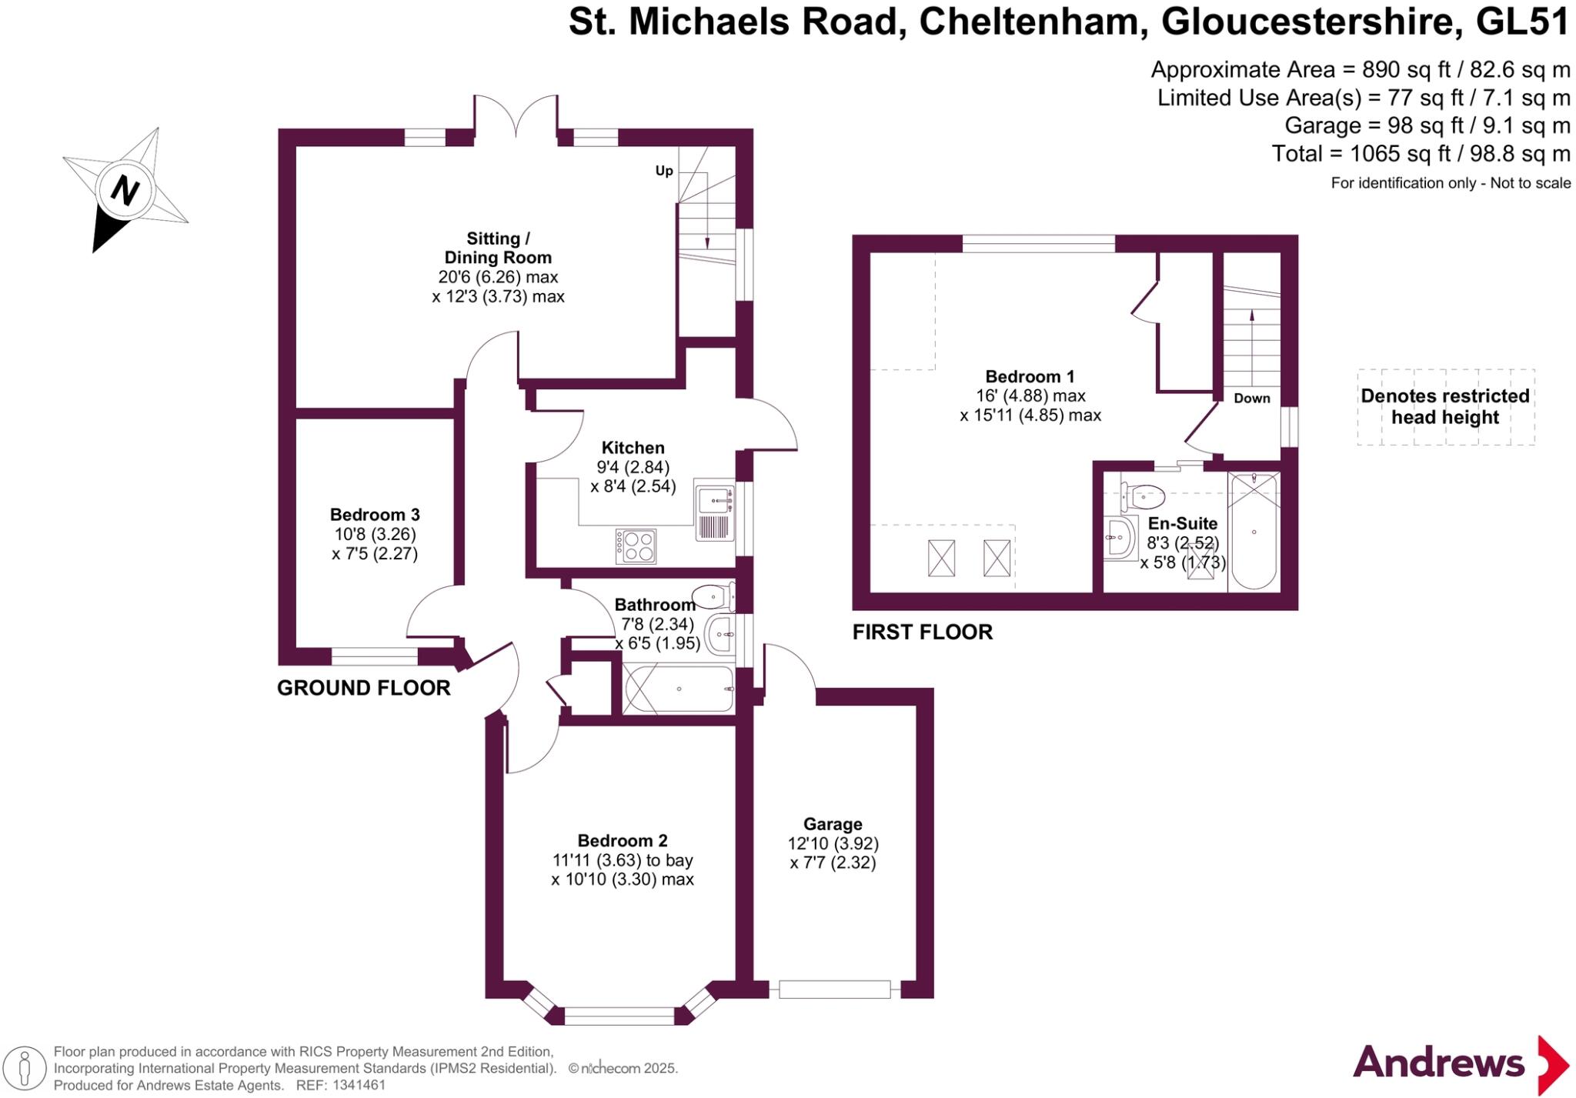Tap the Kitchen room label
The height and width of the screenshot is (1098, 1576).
point(633,448)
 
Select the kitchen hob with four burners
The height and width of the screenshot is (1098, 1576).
point(636,546)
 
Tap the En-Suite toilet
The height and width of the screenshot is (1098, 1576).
point(1142,496)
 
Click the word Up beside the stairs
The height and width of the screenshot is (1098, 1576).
point(664,171)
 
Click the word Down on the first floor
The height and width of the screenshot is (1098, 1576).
point(1251,399)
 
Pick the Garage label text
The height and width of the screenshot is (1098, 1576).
point(833,824)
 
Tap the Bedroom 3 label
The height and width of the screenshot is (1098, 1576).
point(375,515)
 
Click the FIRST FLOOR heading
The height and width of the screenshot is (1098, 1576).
point(922,632)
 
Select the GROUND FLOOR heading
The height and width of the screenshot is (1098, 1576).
point(363,688)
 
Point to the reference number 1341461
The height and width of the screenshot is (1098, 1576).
point(359,1085)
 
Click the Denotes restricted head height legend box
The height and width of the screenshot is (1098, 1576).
point(1445,407)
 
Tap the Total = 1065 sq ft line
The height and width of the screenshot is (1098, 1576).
point(1420,154)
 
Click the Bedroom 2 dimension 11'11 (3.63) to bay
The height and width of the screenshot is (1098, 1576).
point(622,860)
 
